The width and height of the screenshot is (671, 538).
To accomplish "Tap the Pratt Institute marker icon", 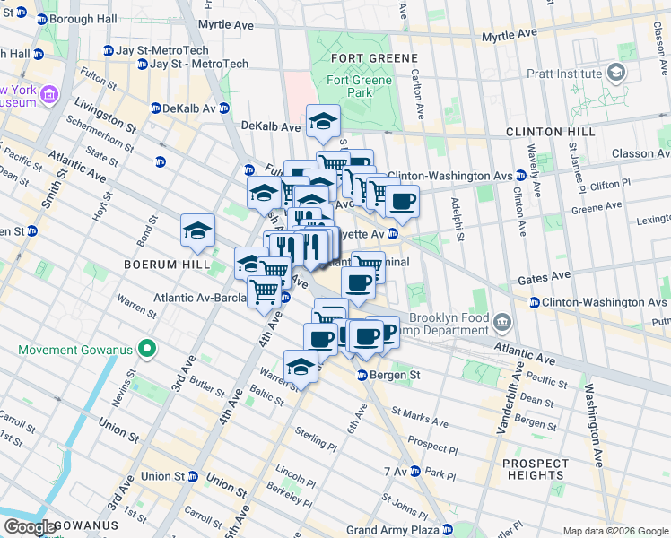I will (615, 71).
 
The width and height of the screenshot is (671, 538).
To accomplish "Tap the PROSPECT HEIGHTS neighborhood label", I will (535, 469).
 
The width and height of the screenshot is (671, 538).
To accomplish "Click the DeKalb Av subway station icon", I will (155, 108).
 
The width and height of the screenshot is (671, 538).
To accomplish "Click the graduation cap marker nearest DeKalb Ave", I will (323, 121).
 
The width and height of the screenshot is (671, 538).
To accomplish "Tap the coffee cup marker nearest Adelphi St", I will (402, 202).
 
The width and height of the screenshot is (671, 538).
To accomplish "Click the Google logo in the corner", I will (30, 527).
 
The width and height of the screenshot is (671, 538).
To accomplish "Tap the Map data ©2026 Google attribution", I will (614, 531).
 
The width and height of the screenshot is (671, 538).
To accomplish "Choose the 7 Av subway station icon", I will (419, 472).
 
